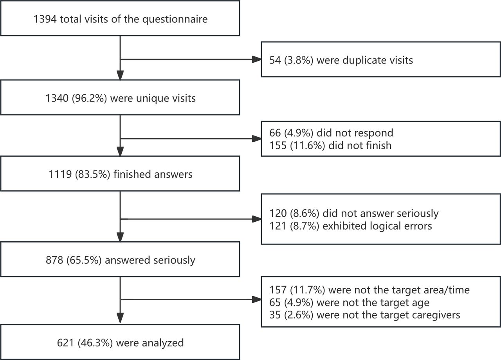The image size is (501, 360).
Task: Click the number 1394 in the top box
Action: click(45, 19)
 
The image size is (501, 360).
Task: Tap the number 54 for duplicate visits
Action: click(275, 60)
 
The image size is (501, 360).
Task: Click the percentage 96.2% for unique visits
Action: click(90, 98)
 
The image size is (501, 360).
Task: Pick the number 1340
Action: click(57, 98)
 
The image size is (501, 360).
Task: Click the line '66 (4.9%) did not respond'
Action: click(331, 133)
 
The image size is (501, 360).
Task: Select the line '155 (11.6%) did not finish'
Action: click(330, 145)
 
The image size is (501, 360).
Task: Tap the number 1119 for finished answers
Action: click(60, 174)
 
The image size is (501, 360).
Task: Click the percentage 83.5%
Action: click(93, 174)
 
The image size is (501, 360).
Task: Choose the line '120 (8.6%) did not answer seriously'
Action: click(354, 213)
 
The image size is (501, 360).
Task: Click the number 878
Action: click(54, 260)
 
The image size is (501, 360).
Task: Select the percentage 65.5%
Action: click(84, 260)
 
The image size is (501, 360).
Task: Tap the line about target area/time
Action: click(369, 290)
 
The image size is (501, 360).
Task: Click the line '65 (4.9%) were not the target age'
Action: click(350, 303)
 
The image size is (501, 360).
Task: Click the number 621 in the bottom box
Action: click(65, 343)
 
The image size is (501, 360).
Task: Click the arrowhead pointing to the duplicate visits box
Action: click(256, 59)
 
